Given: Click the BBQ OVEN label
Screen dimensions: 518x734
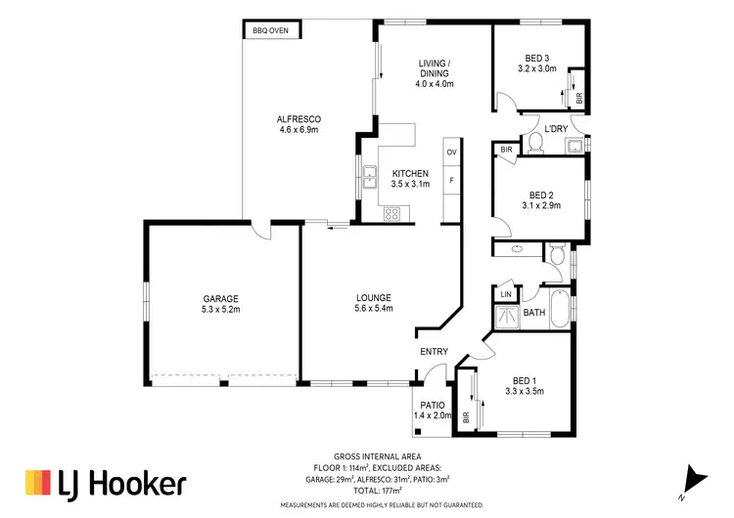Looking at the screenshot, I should (x=270, y=30).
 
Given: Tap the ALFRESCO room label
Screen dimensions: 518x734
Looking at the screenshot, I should (x=299, y=118).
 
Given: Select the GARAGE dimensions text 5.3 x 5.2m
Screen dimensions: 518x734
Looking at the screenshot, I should (x=221, y=309).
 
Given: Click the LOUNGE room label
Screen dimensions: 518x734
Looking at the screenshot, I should (x=374, y=298).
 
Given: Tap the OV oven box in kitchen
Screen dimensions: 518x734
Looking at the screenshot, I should (x=451, y=153).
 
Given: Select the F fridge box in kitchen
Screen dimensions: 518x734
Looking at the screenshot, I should (x=451, y=181).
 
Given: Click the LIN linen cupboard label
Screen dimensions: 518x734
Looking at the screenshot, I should (x=506, y=294).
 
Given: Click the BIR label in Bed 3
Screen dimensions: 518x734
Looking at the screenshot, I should (x=579, y=98).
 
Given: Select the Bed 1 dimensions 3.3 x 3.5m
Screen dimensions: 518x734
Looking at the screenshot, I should (x=526, y=391).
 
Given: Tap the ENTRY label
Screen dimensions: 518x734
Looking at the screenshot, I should (x=434, y=352).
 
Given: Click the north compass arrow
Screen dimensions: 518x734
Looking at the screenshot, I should (x=696, y=478).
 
